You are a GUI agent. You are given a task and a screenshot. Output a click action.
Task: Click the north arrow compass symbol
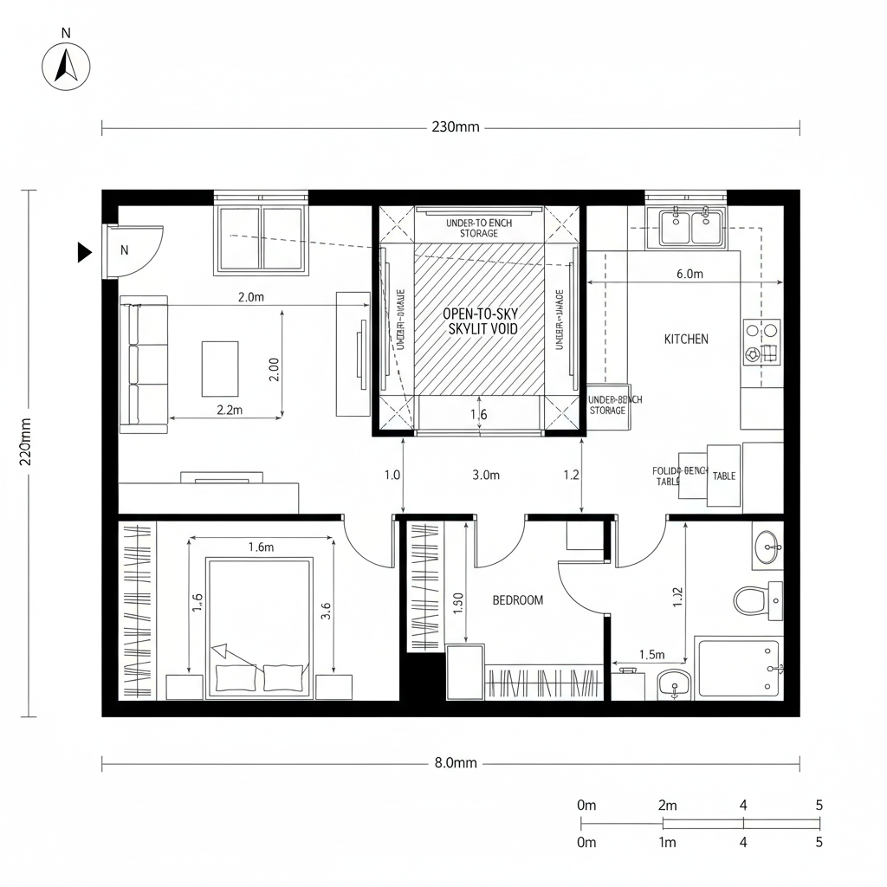coord(67,64)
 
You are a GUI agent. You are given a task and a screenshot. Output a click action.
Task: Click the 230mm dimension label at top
coord(455,127)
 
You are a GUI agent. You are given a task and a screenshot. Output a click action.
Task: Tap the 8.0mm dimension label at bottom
coord(455,763)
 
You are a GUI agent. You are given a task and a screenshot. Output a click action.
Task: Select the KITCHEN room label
coord(686,339)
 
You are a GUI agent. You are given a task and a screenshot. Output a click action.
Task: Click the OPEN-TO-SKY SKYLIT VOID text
coord(480,320)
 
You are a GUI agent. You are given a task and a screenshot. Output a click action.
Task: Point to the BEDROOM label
coord(518,599)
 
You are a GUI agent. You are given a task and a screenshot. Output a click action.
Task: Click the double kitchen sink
coord(690,227)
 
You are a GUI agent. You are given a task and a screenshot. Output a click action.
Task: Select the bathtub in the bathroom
coord(739,665)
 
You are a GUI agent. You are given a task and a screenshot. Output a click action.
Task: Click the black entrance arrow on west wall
coord(84,252)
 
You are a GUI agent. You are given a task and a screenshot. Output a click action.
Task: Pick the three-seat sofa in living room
coord(144,364)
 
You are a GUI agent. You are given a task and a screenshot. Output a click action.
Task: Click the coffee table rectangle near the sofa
coord(220,368)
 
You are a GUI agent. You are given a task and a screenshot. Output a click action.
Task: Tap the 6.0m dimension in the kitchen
coord(689,274)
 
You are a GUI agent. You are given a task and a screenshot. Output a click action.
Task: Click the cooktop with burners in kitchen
coord(761,341)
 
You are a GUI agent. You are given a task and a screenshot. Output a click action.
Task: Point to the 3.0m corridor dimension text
coord(486,475)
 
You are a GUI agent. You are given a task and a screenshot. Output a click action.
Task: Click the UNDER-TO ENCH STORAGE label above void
coord(479,228)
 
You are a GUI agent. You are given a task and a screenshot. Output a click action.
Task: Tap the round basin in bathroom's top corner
coord(767,547)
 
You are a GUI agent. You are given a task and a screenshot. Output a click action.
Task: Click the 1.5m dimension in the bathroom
coord(651,655)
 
